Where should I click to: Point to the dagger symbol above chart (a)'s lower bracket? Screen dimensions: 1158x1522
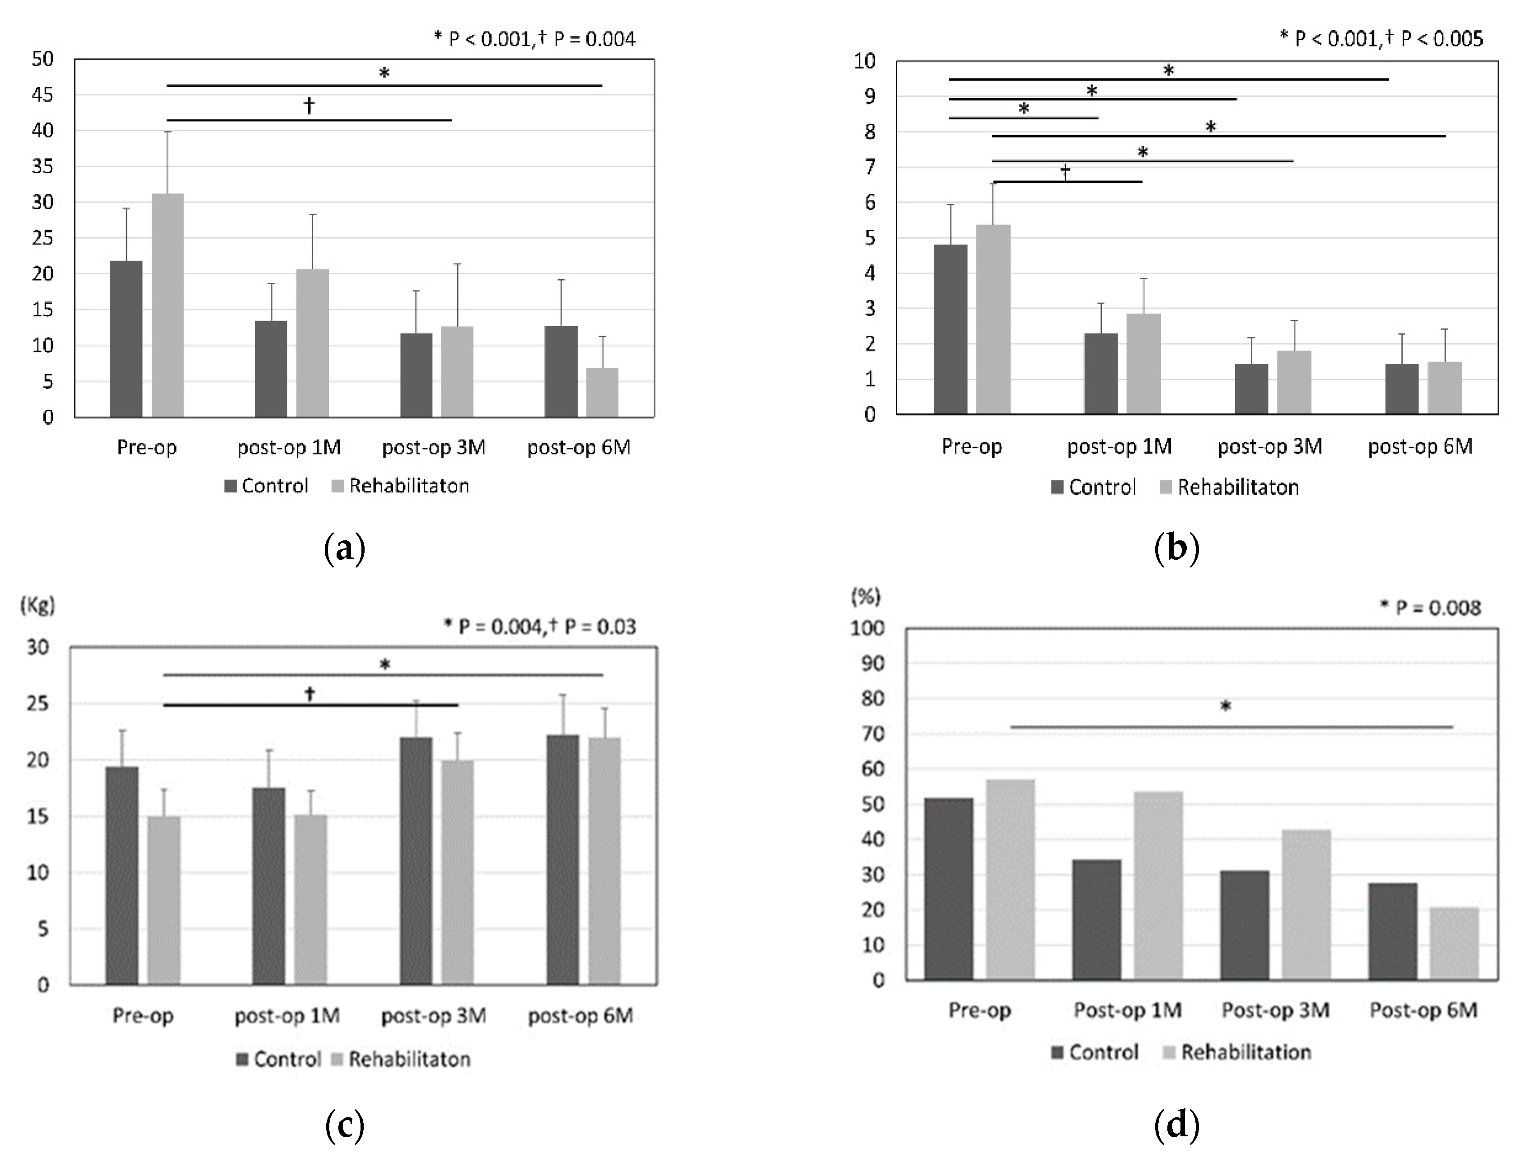(x=309, y=105)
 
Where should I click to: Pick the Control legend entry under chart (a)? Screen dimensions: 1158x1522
(x=266, y=486)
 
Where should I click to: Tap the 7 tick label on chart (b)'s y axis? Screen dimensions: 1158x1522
(x=870, y=167)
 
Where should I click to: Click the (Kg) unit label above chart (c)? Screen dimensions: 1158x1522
(x=37, y=605)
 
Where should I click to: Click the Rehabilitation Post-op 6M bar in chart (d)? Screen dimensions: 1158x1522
(x=1454, y=944)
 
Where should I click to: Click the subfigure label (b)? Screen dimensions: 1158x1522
(x=1176, y=549)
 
